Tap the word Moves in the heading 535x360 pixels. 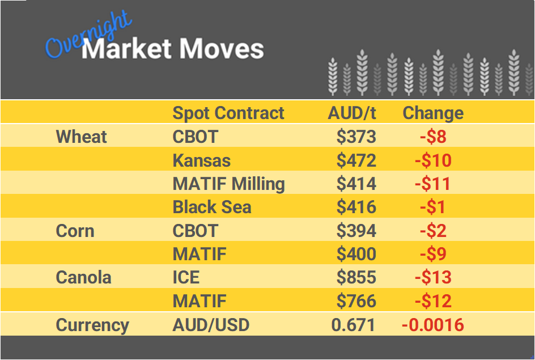point(221,49)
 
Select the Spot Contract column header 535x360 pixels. point(228,113)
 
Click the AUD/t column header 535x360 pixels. point(351,113)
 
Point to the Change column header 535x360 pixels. point(433,113)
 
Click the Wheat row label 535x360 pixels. point(82,137)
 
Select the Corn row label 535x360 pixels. point(75,231)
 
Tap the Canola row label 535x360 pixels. point(83,278)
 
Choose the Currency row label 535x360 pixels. point(92,325)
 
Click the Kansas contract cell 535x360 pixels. point(201,160)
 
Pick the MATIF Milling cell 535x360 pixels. point(228,184)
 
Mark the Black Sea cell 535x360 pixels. point(211,207)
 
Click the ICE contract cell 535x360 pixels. point(186,278)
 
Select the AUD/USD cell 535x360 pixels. point(211,325)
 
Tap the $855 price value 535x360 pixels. point(356,278)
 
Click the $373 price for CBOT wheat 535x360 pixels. point(356,137)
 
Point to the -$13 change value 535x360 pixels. point(433,278)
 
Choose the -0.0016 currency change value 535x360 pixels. point(433,325)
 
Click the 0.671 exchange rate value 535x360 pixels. point(353,325)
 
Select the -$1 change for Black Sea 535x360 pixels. point(433,207)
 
